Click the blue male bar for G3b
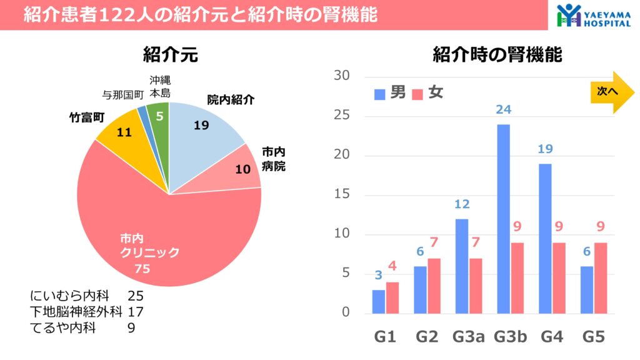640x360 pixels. tap(503, 219)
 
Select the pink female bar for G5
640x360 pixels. tap(600, 277)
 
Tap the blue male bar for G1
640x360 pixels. tap(379, 301)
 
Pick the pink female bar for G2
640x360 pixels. tap(434, 285)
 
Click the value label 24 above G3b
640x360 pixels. tap(503, 109)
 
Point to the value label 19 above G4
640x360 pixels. tap(545, 149)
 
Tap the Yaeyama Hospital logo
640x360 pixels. tap(594, 15)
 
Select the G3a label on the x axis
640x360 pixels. tap(468, 337)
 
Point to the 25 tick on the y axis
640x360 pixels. tap(342, 116)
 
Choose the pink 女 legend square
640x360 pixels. tap(418, 94)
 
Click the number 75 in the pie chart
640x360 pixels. tap(142, 269)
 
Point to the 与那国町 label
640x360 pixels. tap(123, 94)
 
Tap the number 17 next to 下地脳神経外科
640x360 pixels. tap(136, 311)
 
